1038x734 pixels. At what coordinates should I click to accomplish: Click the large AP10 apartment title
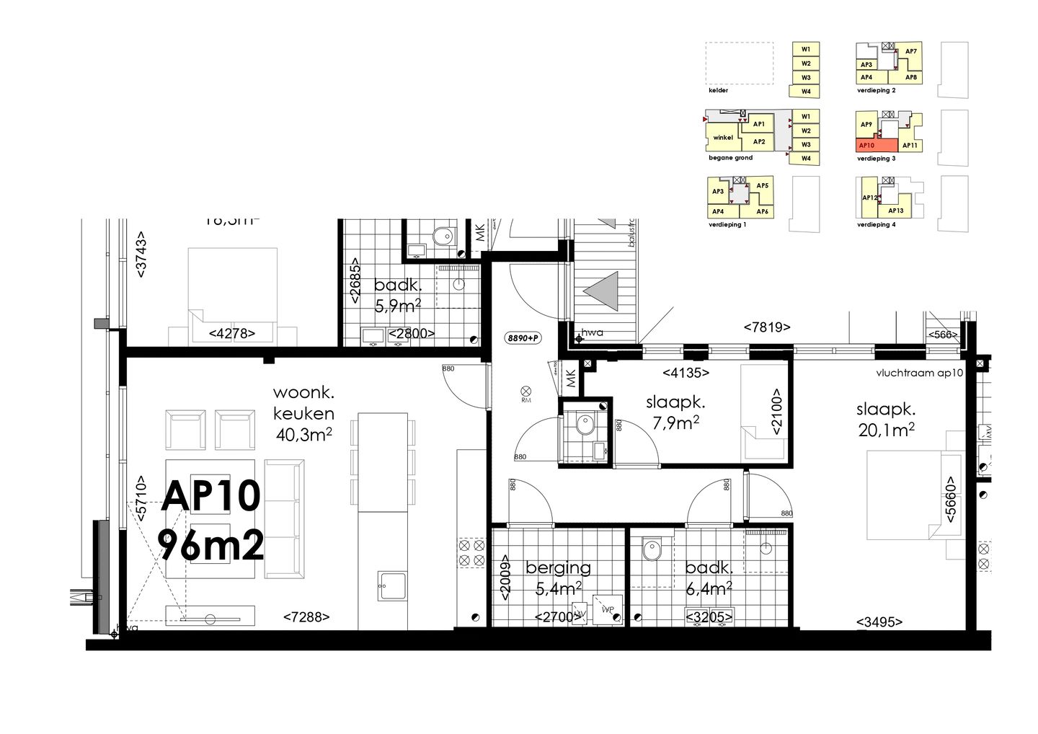[210, 496]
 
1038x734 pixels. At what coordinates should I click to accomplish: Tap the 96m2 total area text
[210, 546]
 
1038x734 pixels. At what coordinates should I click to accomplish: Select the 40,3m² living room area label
[303, 434]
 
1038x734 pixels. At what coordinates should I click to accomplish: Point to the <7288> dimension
[306, 617]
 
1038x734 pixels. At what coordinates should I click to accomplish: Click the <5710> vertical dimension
[141, 498]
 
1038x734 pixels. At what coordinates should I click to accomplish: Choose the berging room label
[558, 568]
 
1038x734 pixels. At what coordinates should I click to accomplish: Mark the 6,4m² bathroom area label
[709, 589]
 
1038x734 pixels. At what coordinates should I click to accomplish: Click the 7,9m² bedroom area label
[675, 423]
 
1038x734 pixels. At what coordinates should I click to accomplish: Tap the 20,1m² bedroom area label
[886, 430]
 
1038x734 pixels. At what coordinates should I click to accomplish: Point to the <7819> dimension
[767, 327]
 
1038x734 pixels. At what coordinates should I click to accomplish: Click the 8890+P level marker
[523, 337]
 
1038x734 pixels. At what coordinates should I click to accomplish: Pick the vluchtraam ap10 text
[919, 373]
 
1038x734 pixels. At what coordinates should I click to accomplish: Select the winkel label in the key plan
[723, 137]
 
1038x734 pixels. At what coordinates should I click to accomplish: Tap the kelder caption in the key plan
[718, 91]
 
